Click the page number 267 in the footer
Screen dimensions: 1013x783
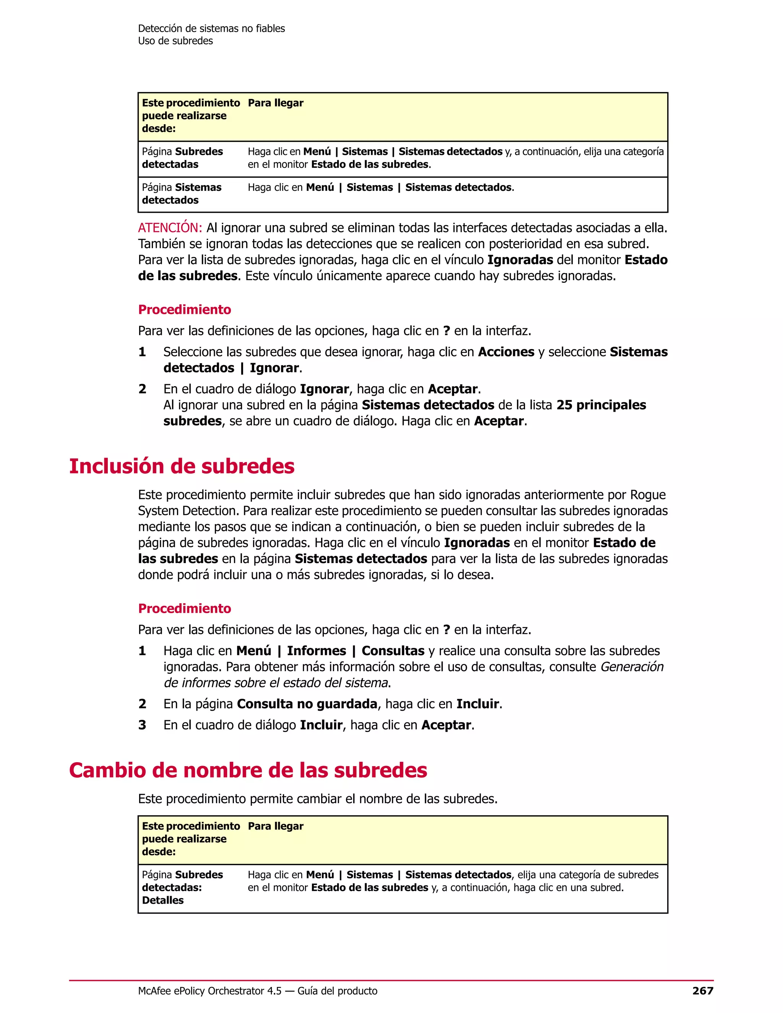point(702,991)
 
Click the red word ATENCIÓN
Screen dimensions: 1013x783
point(170,228)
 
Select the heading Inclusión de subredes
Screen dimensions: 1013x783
point(182,466)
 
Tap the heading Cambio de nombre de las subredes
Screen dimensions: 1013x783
point(248,770)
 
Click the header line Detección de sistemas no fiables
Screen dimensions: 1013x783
point(211,28)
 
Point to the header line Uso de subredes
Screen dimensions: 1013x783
point(175,41)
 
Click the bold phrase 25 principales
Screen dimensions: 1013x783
point(601,405)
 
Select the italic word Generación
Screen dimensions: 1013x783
point(632,667)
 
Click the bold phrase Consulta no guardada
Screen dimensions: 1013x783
point(307,704)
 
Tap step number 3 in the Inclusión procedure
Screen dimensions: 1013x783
point(142,725)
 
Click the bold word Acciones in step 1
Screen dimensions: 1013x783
point(506,352)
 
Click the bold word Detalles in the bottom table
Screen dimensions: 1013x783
point(163,900)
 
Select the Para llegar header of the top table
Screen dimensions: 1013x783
point(276,103)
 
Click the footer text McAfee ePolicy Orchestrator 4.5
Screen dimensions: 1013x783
point(210,991)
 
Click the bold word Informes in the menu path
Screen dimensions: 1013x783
point(316,651)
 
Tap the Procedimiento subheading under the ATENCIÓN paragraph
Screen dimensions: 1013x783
point(185,309)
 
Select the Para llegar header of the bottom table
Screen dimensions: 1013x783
point(276,826)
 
